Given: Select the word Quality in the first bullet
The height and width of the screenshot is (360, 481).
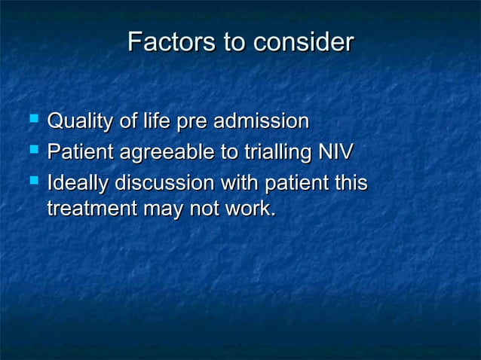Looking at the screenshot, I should click(80, 121).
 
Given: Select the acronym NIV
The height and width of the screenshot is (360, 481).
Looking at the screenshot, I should click(335, 152).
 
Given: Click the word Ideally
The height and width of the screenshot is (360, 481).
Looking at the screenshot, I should click(78, 183).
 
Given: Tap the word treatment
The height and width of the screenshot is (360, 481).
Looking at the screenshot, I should click(90, 209).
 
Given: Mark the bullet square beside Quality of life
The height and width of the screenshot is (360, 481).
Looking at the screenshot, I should click(33, 119).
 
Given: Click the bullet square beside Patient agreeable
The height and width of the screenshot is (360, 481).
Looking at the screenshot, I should click(33, 150).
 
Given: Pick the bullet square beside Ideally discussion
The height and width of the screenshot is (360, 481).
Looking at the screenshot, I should click(33, 181).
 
